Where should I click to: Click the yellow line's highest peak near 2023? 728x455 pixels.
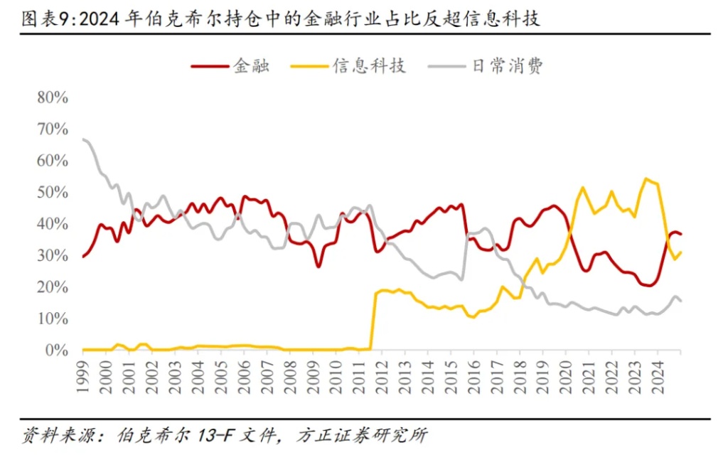(x=646, y=178)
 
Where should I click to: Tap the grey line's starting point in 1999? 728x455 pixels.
(x=83, y=139)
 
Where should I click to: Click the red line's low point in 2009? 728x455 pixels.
(x=318, y=267)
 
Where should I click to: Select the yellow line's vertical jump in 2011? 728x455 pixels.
(x=374, y=320)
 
